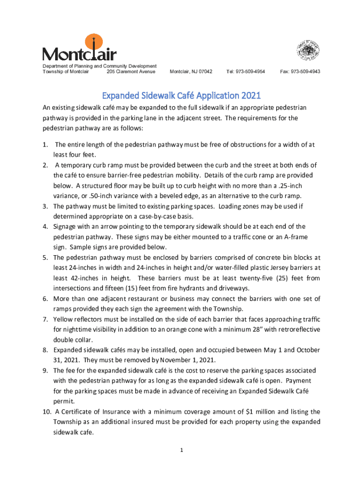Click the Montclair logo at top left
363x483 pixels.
click(x=79, y=49)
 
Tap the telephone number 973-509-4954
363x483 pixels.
click(x=246, y=72)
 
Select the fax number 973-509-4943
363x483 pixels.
click(x=300, y=72)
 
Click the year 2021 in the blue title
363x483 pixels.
click(x=251, y=96)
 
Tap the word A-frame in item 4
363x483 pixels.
click(x=290, y=237)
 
